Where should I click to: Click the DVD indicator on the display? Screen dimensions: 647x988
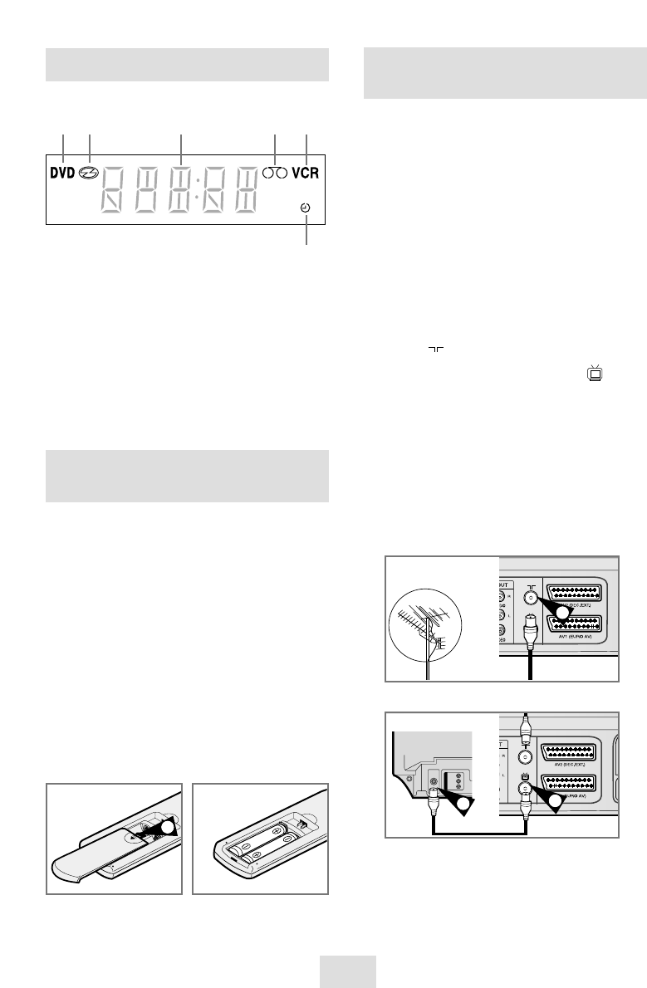62,174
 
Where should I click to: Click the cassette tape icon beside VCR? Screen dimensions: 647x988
275,174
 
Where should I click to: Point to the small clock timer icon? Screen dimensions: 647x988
307,210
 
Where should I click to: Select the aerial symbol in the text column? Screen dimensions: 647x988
432,350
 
